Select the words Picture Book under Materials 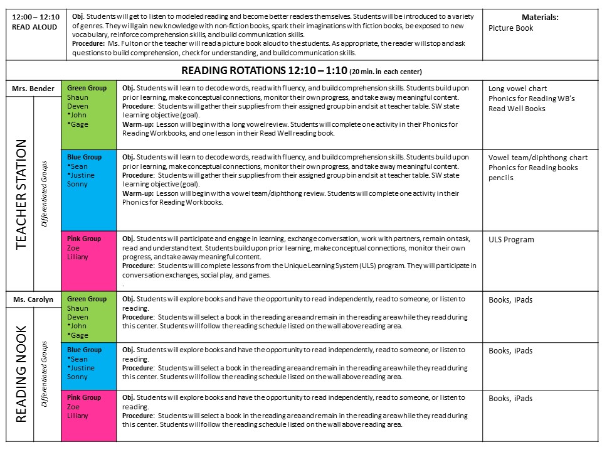510,28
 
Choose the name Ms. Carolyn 33,299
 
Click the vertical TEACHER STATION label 21,194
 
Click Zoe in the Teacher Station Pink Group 73,248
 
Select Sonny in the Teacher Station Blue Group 77,184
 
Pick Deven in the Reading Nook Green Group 78,317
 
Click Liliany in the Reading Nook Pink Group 78,416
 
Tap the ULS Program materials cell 511,240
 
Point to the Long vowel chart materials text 517,89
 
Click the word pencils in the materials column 501,178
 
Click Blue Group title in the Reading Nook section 84,350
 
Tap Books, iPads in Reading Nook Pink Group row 510,398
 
